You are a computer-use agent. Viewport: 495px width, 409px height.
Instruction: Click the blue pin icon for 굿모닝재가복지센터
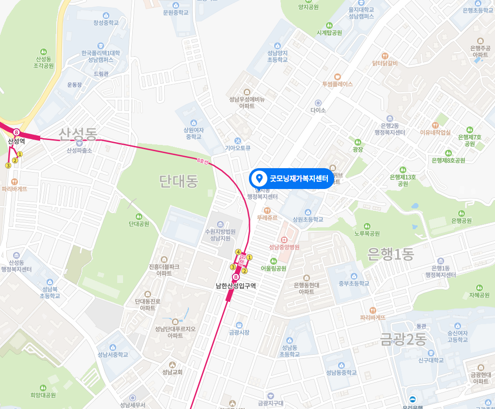pos(259,178)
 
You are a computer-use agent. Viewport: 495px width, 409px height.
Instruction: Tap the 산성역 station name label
pos(16,141)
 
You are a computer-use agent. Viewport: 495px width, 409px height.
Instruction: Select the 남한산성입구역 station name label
pos(236,286)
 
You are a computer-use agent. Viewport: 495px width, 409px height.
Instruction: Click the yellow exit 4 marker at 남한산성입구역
pos(238,252)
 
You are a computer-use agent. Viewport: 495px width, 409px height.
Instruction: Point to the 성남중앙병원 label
pos(285,247)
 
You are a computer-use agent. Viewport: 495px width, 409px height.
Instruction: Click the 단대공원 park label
pos(139,224)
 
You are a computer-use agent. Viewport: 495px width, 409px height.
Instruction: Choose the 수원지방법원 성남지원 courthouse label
pos(220,235)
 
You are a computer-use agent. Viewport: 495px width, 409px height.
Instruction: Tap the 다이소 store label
pos(318,110)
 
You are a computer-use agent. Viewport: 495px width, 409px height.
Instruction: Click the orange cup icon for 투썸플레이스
pos(338,76)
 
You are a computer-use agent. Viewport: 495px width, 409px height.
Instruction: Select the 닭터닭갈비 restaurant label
pos(385,63)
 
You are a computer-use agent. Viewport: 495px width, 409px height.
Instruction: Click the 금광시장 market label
pos(239,332)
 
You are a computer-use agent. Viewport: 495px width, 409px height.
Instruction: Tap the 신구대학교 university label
pos(431,360)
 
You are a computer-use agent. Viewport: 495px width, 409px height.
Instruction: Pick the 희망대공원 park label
pos(43,395)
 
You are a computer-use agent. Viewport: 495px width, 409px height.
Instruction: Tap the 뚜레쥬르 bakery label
pos(267,218)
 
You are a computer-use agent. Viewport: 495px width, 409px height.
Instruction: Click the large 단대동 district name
pos(179,181)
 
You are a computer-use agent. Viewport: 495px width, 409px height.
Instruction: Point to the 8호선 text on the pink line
pos(202,160)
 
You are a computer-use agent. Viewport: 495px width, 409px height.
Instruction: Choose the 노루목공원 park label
pos(367,233)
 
